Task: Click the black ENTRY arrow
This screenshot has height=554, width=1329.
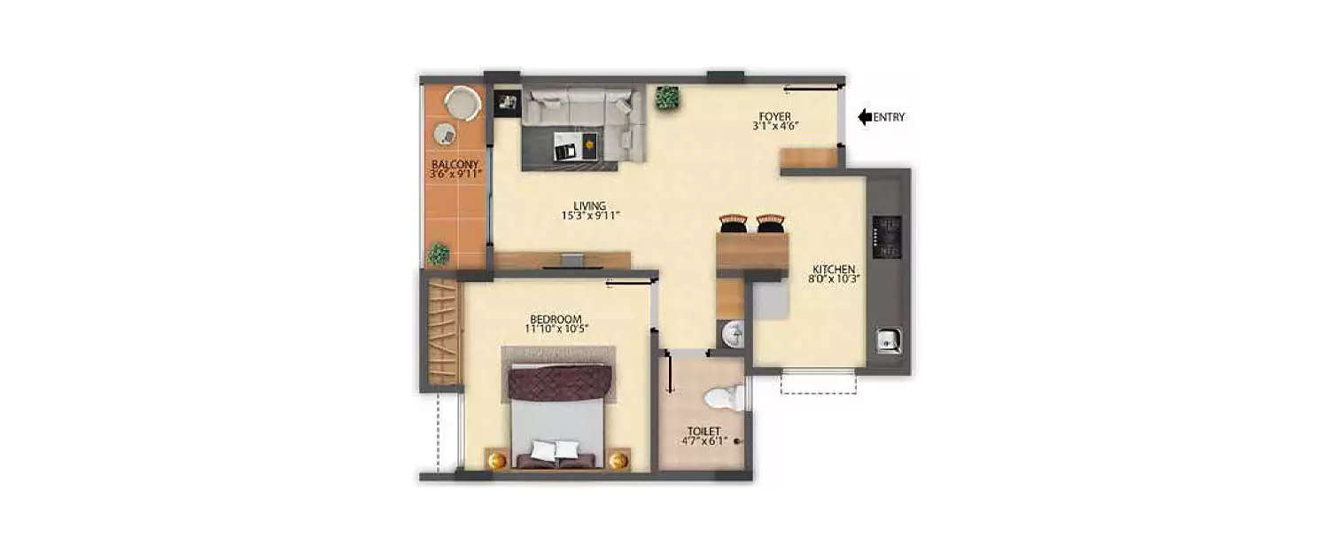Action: tap(865, 117)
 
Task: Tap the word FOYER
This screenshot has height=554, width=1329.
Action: tap(773, 116)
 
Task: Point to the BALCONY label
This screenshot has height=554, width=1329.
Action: tap(455, 165)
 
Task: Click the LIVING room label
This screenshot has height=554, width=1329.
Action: tap(589, 206)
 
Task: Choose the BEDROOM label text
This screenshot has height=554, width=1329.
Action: tap(556, 319)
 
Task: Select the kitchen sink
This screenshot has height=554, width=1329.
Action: tap(889, 339)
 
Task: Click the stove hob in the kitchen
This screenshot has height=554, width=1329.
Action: tap(887, 237)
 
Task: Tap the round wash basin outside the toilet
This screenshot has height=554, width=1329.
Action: tap(732, 334)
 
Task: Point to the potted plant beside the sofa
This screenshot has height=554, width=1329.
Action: tap(667, 98)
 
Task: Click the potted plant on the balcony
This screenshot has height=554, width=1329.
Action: tap(438, 254)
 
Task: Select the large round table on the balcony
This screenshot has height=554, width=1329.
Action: tap(462, 103)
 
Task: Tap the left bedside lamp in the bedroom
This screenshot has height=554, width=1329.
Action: tap(497, 460)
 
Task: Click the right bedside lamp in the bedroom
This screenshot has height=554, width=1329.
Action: tap(618, 460)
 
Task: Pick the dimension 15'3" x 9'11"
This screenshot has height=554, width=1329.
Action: tap(589, 215)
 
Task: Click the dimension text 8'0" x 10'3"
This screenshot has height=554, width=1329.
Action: tap(835, 278)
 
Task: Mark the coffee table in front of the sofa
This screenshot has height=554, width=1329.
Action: tap(576, 145)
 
